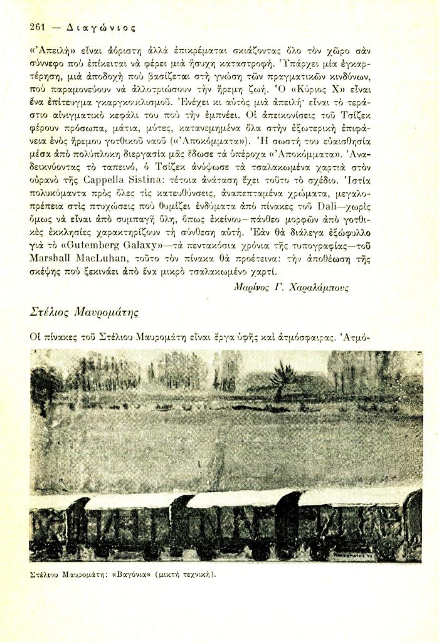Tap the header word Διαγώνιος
point(96,28)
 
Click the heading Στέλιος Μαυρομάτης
point(84,312)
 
